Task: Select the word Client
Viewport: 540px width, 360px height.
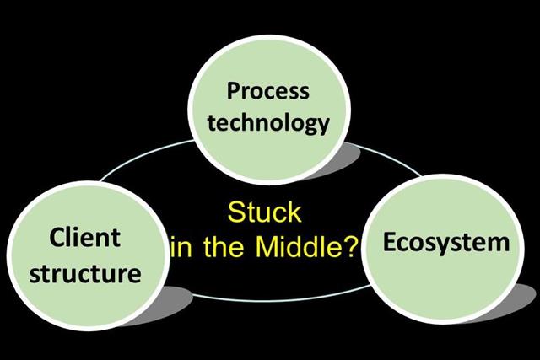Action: (x=84, y=238)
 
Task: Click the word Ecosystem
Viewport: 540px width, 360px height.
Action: (x=446, y=243)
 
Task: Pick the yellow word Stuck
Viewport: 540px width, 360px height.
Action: (x=264, y=211)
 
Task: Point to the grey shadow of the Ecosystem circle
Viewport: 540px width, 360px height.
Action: (x=506, y=312)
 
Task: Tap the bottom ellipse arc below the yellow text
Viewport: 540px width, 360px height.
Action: (x=270, y=298)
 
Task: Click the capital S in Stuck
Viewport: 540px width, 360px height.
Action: (x=235, y=211)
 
